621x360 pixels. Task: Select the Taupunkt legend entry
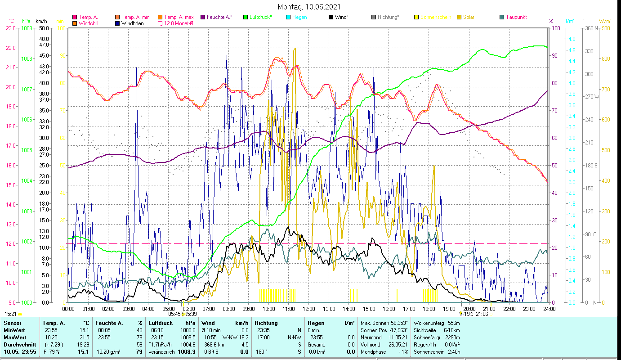coord(516,17)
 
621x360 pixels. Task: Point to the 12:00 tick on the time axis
coord(309,309)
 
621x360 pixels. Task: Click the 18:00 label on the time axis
coord(429,309)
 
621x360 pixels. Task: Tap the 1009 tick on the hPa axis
coord(27,28)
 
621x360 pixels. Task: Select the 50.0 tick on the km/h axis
coord(44,28)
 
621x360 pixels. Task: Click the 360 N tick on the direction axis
coord(591,28)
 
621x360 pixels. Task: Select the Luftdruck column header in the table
coord(161,323)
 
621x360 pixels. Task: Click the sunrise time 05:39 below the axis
coord(191,314)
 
